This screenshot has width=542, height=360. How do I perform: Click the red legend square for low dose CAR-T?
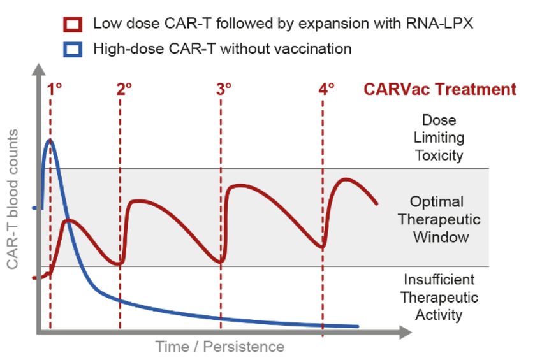73,24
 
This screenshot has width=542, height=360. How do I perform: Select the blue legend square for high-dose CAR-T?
73,49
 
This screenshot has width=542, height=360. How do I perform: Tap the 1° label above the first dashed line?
55,89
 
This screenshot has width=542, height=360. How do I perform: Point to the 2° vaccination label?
124,89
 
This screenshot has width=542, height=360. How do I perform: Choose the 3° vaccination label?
224,89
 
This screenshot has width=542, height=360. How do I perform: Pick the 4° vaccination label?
326,89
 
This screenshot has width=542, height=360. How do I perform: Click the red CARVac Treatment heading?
440,89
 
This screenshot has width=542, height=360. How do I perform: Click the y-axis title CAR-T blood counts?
13,199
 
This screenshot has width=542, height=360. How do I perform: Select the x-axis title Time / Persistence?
220,347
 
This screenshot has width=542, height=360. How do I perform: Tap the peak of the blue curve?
50,140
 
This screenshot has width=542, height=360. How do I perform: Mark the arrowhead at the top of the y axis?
39,69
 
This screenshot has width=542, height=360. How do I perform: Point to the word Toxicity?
439,155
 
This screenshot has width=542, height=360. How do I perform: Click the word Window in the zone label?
441,238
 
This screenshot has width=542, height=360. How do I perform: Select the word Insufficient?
439,280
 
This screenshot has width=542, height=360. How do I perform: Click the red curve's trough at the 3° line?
221,261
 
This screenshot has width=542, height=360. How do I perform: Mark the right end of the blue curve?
358,326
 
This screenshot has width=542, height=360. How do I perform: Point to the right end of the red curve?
376,203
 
